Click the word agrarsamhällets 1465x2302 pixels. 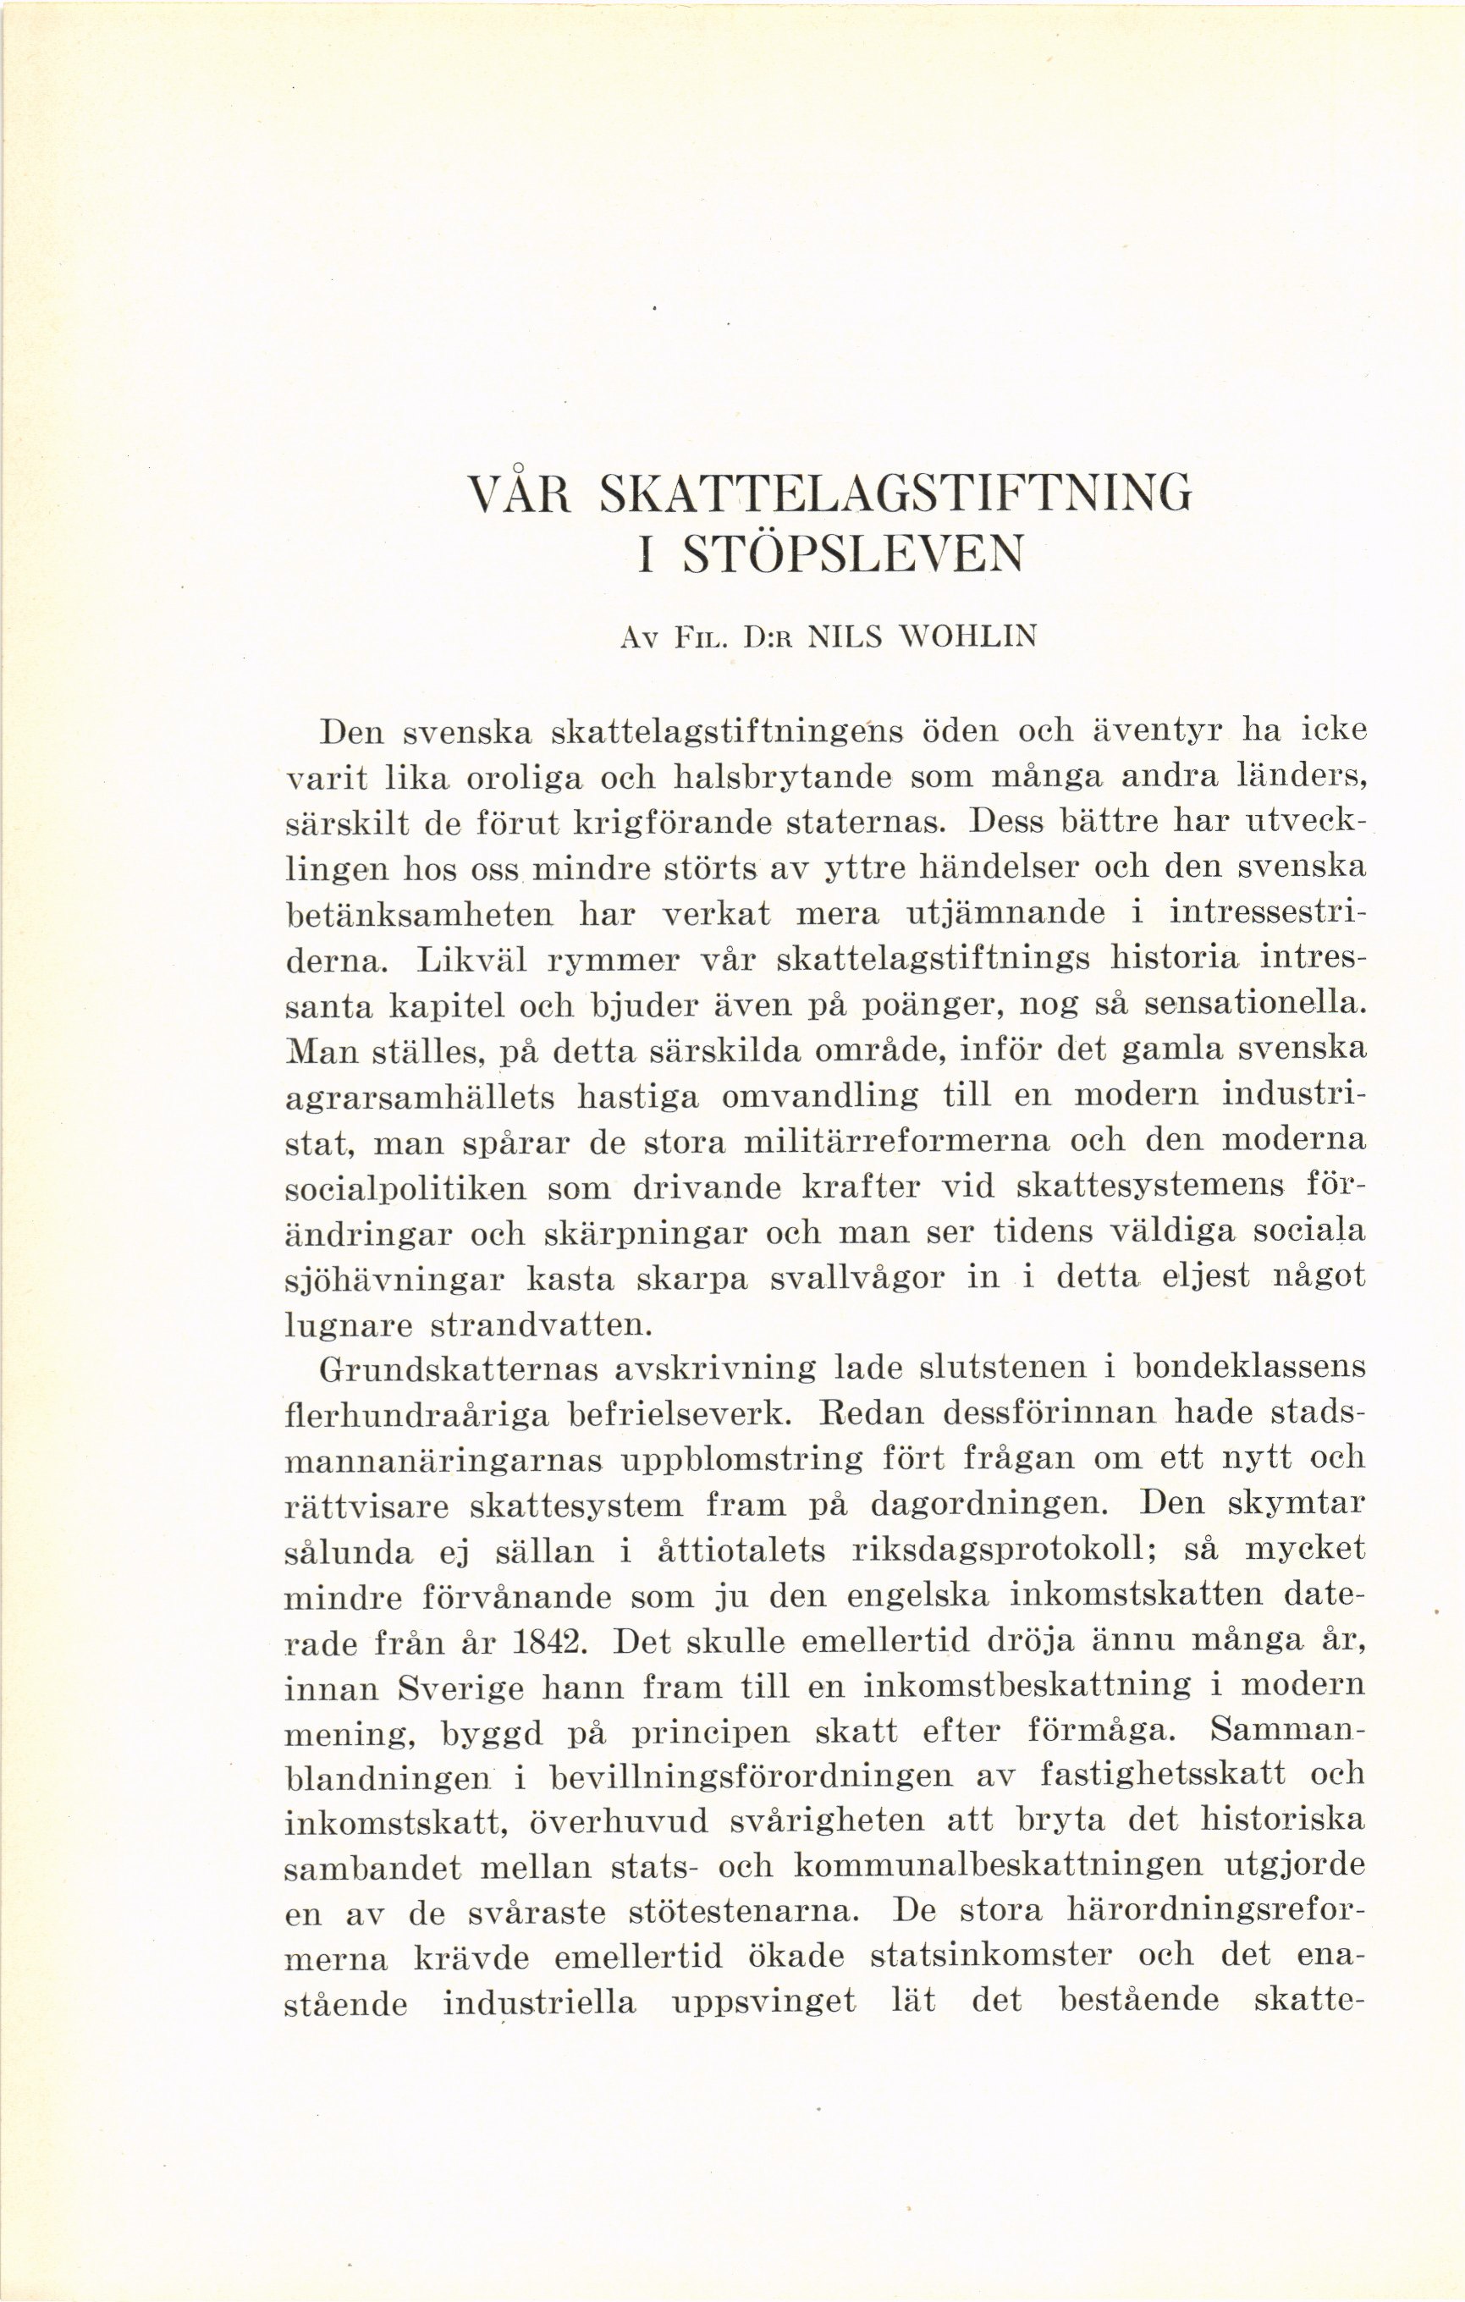(x=421, y=1097)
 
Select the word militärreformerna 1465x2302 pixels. (x=896, y=1143)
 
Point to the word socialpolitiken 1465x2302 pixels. (x=405, y=1189)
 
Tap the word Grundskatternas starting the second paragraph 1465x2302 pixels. (x=457, y=1372)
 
